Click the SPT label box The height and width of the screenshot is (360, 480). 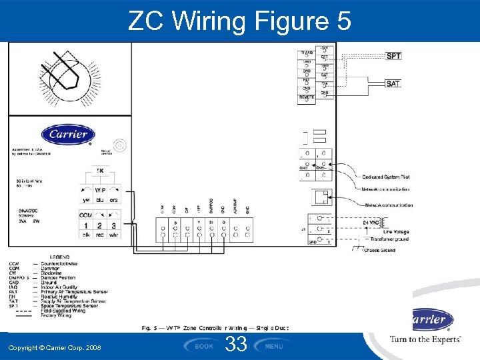click(x=393, y=56)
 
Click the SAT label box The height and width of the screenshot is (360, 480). click(x=393, y=84)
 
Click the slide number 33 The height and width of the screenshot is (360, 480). click(x=237, y=345)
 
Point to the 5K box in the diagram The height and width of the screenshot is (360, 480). click(x=100, y=171)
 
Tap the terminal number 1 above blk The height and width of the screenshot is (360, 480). click(x=86, y=226)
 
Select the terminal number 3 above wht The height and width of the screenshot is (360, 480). click(x=114, y=226)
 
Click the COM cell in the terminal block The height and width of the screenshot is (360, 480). click(x=85, y=215)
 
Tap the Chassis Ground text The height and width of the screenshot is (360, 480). click(x=379, y=251)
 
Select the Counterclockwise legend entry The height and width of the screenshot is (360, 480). click(x=63, y=263)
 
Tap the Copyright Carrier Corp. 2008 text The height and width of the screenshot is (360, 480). click(x=55, y=347)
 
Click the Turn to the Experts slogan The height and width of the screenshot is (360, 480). click(x=425, y=339)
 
